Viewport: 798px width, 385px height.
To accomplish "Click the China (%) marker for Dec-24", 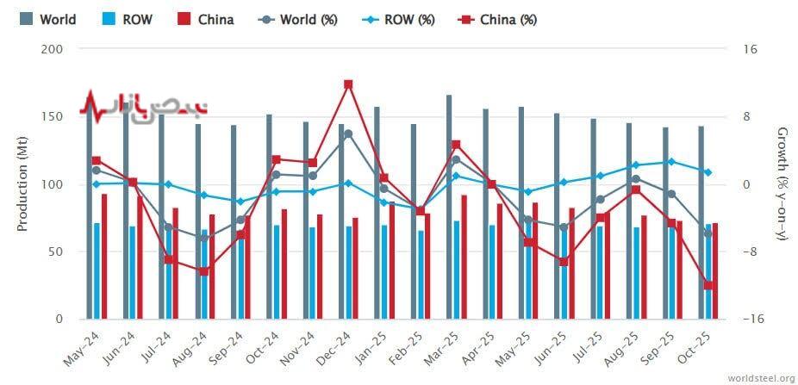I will click(348, 84).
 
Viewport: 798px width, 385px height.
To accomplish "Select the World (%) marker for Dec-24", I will click(348, 134).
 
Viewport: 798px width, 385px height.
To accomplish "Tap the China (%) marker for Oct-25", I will click(708, 285).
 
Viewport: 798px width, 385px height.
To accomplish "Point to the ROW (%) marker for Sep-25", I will click(672, 162).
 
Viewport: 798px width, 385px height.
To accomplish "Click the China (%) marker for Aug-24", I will click(204, 271).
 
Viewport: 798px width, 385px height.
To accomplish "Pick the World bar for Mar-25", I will click(449, 207).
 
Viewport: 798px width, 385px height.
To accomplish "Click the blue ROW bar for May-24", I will click(97, 270).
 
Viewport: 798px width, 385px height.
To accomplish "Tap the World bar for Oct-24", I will click(269, 216).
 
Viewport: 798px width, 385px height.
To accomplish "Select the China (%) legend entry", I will click(496, 19).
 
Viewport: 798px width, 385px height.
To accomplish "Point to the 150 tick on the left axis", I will click(53, 117).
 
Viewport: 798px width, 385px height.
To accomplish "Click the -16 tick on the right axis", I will click(749, 319).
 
